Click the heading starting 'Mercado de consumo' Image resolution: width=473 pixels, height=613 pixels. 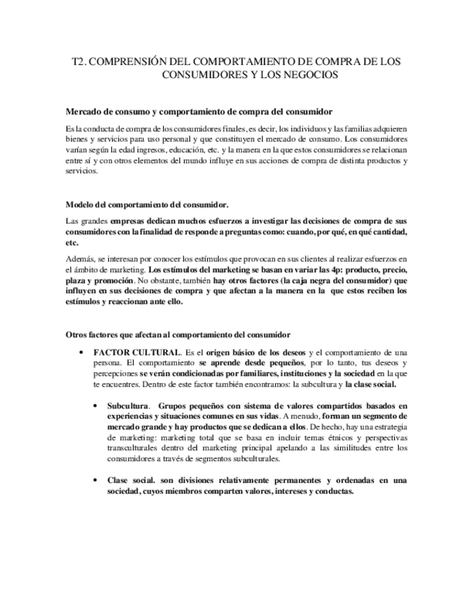(x=199, y=111)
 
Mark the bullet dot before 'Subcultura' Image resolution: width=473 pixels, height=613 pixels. (x=96, y=406)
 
